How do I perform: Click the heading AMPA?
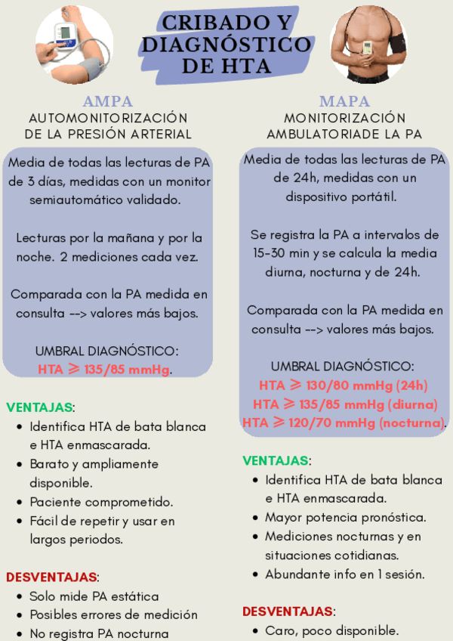[107, 101]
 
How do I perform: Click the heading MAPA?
[344, 101]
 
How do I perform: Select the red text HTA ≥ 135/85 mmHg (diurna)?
[346, 403]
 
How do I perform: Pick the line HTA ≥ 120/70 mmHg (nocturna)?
[344, 423]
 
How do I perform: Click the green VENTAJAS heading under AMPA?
[40, 407]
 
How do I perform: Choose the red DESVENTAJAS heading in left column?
[51, 577]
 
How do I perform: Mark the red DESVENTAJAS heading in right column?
[288, 612]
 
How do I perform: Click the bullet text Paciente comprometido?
[101, 502]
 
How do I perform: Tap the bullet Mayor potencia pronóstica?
[345, 518]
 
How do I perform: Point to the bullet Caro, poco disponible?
[331, 630]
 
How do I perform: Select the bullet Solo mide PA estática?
[94, 596]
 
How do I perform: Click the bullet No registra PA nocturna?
[99, 633]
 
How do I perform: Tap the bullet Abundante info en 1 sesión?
[344, 574]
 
